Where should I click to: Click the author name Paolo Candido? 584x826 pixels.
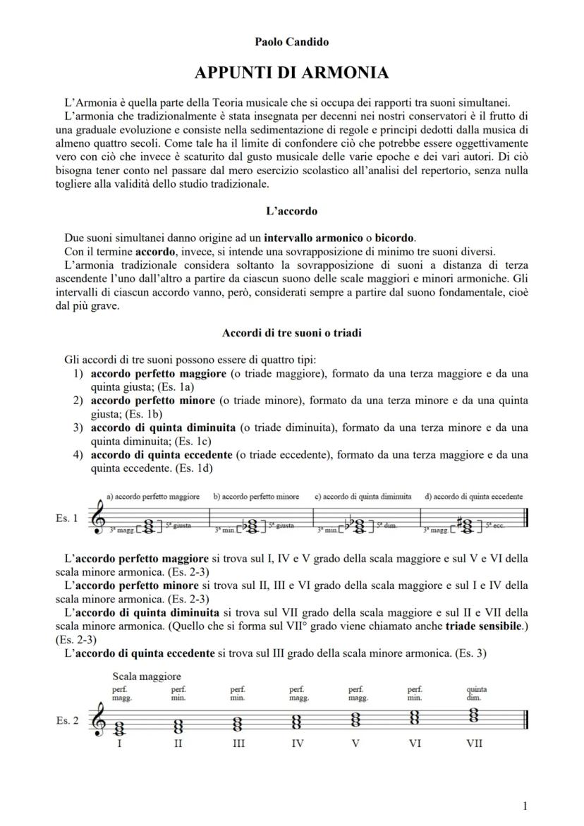[292, 42]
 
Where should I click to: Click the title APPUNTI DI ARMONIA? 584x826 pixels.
[292, 73]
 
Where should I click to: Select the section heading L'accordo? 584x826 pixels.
[291, 210]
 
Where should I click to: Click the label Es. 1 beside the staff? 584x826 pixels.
[67, 518]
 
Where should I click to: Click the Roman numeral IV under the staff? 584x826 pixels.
[297, 743]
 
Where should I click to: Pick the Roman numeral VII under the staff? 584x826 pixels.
[474, 743]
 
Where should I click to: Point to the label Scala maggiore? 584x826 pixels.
[146, 676]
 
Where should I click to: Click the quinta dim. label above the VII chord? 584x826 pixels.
[476, 693]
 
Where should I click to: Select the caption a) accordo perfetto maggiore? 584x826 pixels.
[152, 497]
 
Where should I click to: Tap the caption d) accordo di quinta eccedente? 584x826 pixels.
[473, 497]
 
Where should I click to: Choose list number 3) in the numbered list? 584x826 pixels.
[80, 428]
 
